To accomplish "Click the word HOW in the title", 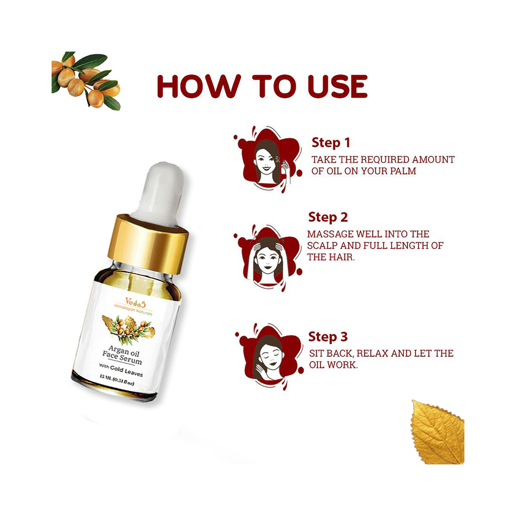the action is pyautogui.click(x=199, y=87).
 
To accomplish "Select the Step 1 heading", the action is pyautogui.click(x=331, y=142).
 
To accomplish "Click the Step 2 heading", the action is pyautogui.click(x=328, y=217).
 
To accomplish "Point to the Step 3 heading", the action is pyautogui.click(x=328, y=336).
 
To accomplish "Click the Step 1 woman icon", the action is pyautogui.click(x=268, y=159).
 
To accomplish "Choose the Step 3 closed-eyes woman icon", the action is pyautogui.click(x=269, y=357).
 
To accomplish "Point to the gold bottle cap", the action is pyautogui.click(x=148, y=244).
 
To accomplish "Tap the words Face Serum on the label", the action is pyautogui.click(x=122, y=358).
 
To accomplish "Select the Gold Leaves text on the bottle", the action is pyautogui.click(x=127, y=370).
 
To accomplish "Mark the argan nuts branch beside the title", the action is pyautogui.click(x=86, y=80).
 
